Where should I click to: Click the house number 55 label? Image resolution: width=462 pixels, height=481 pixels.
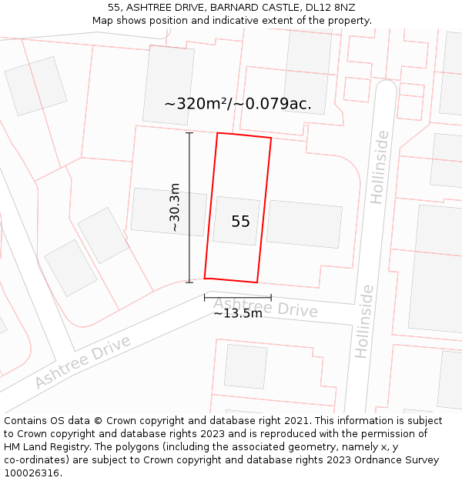pos(240,222)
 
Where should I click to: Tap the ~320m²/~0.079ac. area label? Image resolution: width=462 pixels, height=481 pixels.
pos(238,104)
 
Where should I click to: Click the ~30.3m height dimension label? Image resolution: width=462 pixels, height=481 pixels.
pos(175,207)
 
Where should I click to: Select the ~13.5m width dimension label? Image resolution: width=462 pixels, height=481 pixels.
pos(238,313)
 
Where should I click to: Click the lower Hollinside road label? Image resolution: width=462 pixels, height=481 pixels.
pos(364,321)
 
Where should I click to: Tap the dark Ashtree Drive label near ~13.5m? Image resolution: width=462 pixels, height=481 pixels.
pos(266,307)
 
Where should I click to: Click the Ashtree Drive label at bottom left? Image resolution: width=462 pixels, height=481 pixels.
pos(82,362)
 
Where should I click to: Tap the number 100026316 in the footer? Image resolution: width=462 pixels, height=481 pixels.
pos(32,473)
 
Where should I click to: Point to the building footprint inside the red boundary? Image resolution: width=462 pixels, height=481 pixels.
pos(236,221)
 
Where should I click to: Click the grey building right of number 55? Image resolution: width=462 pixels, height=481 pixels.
pos(304,224)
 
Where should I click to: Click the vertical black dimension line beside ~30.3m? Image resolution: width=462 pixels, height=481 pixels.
pos(189,208)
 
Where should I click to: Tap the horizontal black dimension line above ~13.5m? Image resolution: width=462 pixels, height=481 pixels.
pos(237,297)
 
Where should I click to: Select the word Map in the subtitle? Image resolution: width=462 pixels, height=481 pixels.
pos(103,20)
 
